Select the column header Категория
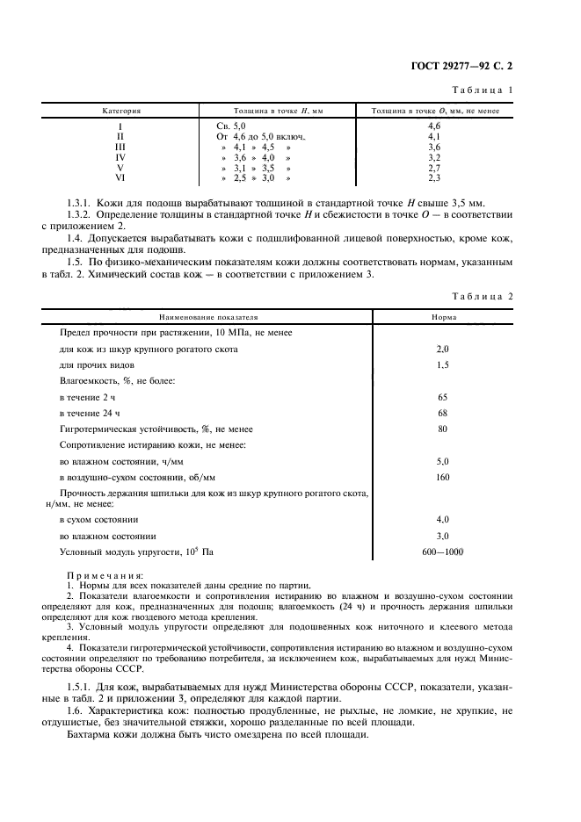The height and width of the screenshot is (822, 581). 121,112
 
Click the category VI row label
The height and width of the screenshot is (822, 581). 120,177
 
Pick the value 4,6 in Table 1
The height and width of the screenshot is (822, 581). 433,127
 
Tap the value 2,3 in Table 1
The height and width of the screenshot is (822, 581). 433,177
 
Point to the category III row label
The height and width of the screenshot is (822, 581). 120,148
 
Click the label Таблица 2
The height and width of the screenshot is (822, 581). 482,296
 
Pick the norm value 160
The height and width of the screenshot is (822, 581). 442,477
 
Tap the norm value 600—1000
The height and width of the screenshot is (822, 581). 442,552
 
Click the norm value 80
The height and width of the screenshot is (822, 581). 442,429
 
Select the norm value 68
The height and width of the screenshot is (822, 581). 442,413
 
